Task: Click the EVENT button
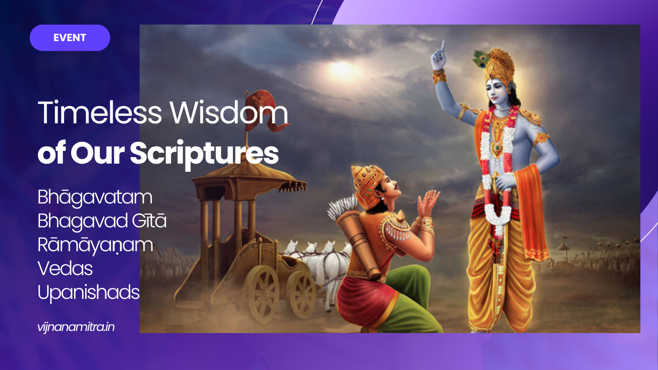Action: (x=70, y=38)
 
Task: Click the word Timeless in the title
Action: (x=100, y=113)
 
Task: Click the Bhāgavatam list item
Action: (x=95, y=197)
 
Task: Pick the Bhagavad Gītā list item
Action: (x=102, y=221)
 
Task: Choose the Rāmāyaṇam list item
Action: (x=95, y=245)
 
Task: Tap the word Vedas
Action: (x=65, y=269)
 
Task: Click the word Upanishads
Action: (x=89, y=293)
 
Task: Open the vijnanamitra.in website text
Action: (x=76, y=327)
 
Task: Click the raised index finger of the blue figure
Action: (x=442, y=47)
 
